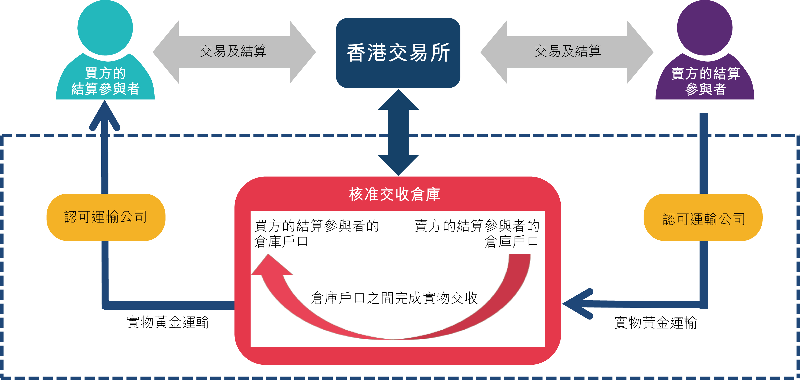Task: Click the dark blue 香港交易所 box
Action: (x=398, y=53)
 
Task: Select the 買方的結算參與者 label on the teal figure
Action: (x=105, y=81)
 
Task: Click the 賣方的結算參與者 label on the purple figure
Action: (x=705, y=81)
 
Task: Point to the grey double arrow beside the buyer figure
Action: (x=234, y=52)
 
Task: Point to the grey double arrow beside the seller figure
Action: (x=567, y=52)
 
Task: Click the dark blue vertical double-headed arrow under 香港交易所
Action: (x=398, y=133)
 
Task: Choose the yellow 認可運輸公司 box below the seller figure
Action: (x=703, y=217)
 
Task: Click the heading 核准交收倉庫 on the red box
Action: (x=394, y=194)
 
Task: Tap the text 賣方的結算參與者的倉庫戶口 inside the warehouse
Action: (x=477, y=233)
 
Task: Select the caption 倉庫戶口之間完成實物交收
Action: (x=394, y=298)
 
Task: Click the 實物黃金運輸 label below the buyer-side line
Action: (x=168, y=322)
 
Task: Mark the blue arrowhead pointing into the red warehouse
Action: (x=578, y=304)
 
